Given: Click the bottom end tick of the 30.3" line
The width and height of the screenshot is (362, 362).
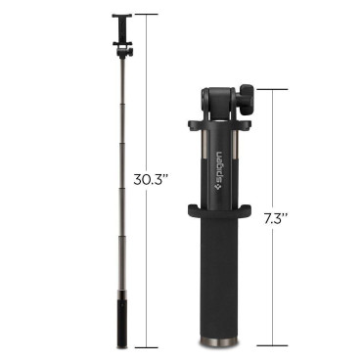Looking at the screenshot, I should tap(147, 347).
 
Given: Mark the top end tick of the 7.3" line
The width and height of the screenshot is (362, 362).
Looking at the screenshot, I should tap(273, 90).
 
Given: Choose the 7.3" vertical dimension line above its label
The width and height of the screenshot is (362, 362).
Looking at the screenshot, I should tap(273, 147).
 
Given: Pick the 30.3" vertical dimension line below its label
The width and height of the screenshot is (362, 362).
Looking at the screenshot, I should tap(147, 264).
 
